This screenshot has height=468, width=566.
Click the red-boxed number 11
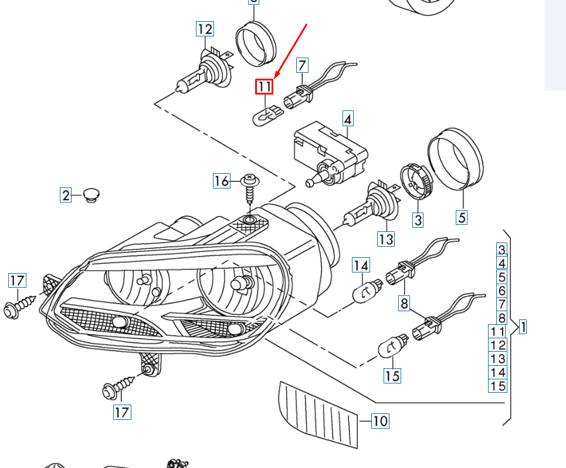[x=264, y=87]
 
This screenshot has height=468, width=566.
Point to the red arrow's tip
[x=274, y=78]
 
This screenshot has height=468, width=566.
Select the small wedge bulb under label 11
[x=267, y=115]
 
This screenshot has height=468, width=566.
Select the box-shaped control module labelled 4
[x=330, y=151]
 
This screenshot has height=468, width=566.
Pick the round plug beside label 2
[x=91, y=194]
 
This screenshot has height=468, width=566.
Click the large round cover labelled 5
[x=456, y=157]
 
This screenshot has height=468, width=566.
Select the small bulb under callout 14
[x=366, y=289]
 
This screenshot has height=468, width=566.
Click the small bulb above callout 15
[x=393, y=345]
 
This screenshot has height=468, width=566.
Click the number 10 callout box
[x=380, y=420]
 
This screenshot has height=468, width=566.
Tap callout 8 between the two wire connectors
[x=404, y=304]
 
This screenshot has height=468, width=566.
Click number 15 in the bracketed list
[x=497, y=386]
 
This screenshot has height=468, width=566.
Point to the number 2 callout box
[x=66, y=195]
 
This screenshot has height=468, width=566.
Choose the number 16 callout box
[x=221, y=181]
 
